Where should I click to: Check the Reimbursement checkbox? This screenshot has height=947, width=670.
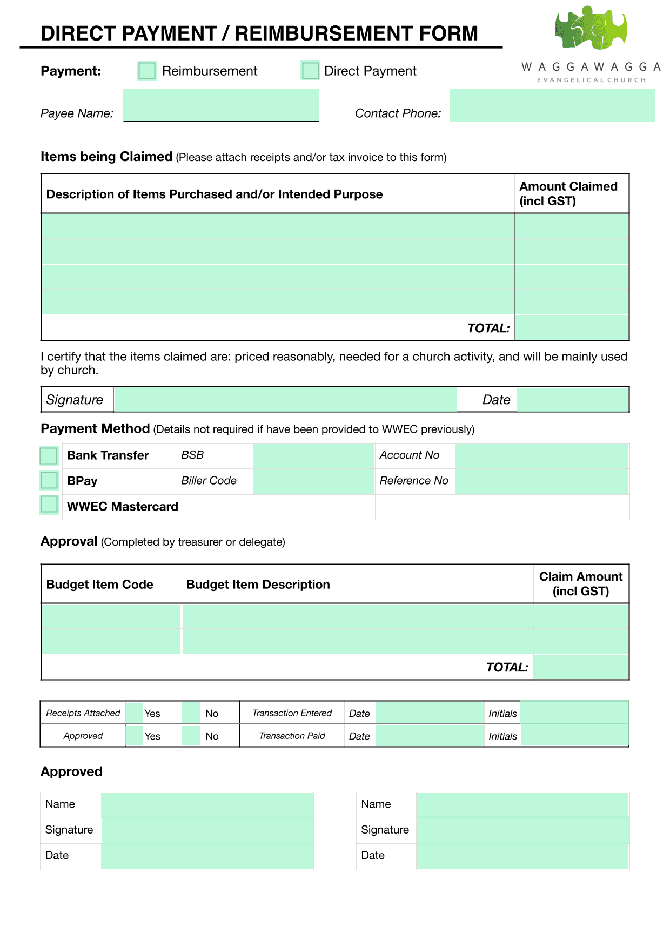point(147,71)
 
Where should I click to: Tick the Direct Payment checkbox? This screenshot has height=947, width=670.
point(310,71)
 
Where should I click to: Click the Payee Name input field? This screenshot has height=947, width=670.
point(221,105)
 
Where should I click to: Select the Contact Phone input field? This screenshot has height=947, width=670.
point(552,106)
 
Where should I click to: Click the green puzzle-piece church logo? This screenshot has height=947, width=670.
point(591,28)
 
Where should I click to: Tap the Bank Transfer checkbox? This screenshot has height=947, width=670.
point(49,455)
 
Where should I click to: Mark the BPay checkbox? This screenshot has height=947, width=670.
point(49,480)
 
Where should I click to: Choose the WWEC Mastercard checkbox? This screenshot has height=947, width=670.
point(49,505)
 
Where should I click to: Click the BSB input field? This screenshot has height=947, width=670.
point(313,456)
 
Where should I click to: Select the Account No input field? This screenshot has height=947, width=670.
point(541,456)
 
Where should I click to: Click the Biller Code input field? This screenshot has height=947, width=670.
point(313,481)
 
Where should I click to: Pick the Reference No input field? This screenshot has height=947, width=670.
point(541,481)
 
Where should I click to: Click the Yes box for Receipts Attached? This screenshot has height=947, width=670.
point(135,713)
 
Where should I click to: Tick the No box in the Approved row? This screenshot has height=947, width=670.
point(191,736)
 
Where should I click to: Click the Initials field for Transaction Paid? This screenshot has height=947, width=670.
point(574,736)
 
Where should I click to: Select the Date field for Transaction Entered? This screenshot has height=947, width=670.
point(430,713)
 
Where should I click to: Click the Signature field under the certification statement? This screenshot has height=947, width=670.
point(286,400)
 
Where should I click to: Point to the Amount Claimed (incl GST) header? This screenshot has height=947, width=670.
point(568,193)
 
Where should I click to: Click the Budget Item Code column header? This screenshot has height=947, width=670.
point(100,585)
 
